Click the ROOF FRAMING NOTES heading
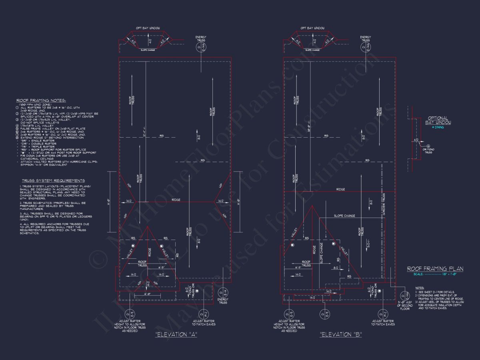41,100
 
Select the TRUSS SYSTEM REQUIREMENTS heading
53,181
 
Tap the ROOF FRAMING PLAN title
435,269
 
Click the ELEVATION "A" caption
176,334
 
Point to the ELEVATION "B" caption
341,334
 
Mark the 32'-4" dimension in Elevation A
144,134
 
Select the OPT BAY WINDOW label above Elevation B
313,28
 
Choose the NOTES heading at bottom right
420,288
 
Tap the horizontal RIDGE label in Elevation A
176,199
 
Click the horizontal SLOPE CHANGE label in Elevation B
344,216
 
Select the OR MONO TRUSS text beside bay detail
428,151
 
